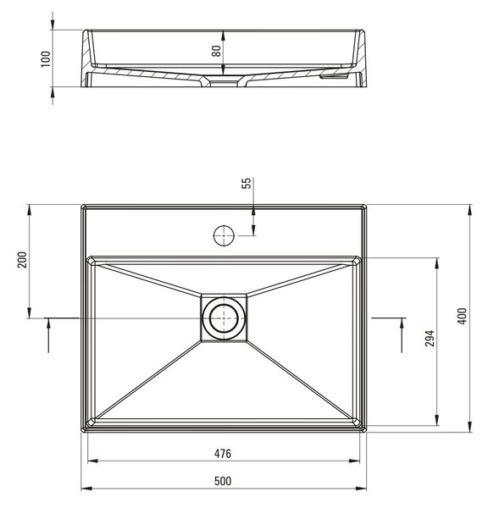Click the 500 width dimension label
pyautogui.click(x=223, y=481)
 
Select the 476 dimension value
pyautogui.click(x=223, y=454)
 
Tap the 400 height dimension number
pyautogui.click(x=462, y=316)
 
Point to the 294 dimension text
pyautogui.click(x=430, y=338)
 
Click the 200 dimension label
pyautogui.click(x=22, y=260)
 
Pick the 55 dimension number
pyautogui.click(x=247, y=184)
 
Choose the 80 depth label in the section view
pyautogui.click(x=216, y=51)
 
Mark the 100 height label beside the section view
pyautogui.click(x=46, y=59)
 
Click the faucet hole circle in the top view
pyautogui.click(x=224, y=235)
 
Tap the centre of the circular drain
pyautogui.click(x=224, y=318)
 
